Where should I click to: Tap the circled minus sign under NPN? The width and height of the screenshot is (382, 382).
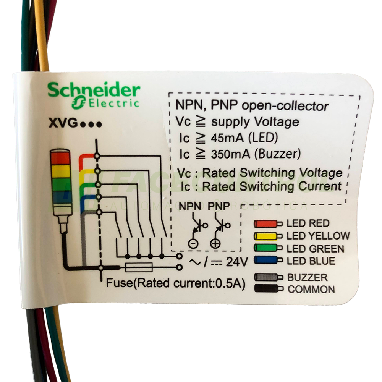click(x=193, y=243)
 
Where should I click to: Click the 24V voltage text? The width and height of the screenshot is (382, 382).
click(x=237, y=262)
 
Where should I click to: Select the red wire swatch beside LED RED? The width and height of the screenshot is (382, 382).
click(x=268, y=223)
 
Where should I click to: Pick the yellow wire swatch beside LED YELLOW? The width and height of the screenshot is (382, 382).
click(x=268, y=236)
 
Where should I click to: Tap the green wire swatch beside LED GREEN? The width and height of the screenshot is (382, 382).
click(x=268, y=249)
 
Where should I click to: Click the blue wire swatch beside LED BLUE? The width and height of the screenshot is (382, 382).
click(x=268, y=261)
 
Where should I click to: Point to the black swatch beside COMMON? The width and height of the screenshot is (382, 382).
click(x=268, y=289)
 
